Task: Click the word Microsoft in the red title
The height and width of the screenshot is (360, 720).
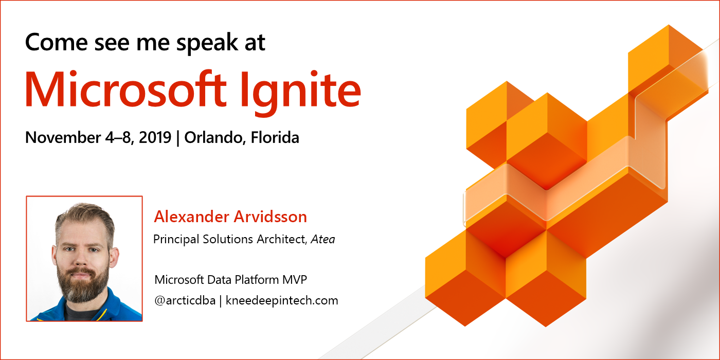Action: click(125, 88)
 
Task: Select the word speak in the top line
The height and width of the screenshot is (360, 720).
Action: click(207, 43)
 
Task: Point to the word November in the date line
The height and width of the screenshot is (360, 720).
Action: click(63, 137)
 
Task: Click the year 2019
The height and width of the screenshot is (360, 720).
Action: click(155, 137)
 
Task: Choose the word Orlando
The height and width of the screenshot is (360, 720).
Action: click(215, 138)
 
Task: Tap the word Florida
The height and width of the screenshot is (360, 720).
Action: click(275, 137)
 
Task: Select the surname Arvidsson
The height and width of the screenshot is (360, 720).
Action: click(271, 217)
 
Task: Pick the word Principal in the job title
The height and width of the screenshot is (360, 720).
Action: click(176, 240)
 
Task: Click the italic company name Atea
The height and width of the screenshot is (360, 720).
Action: click(323, 240)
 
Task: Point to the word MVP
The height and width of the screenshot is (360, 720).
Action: click(294, 280)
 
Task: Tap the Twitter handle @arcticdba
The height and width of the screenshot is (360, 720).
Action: click(185, 300)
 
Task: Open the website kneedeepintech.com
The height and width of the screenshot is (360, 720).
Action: click(282, 301)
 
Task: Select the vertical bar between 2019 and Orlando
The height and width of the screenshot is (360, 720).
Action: click(178, 138)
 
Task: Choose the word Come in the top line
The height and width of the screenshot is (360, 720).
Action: click(56, 42)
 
